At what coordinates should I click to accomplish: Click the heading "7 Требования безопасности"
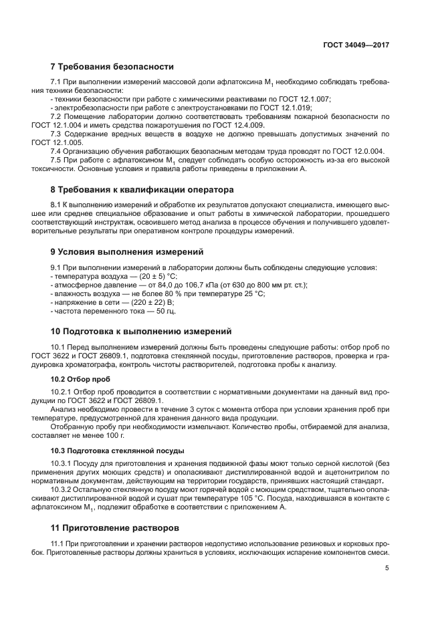(x=112, y=67)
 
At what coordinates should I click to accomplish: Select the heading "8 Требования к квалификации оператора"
(x=142, y=189)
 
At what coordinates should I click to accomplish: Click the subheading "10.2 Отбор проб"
(x=72, y=379)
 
